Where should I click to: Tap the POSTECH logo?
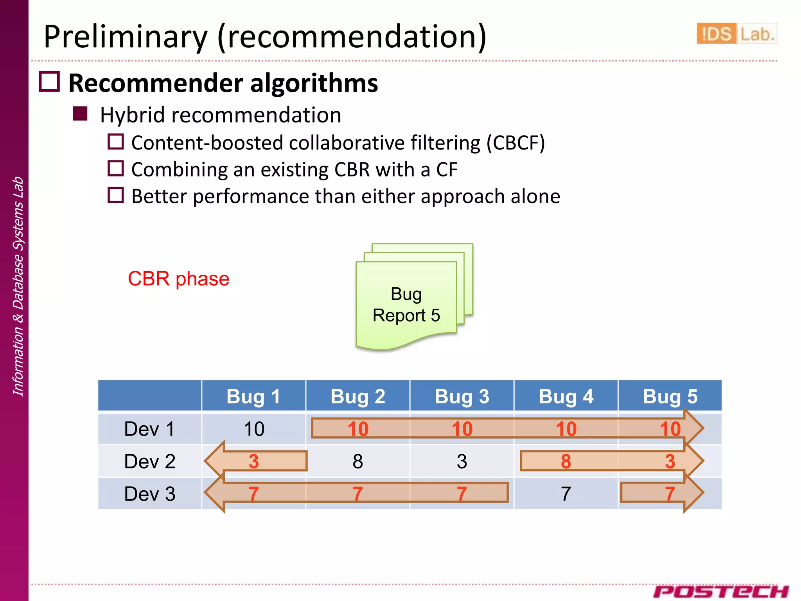tap(720, 591)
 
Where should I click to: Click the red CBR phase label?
tap(178, 279)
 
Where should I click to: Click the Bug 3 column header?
tap(462, 396)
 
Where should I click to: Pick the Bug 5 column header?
tap(670, 396)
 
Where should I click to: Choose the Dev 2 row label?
tap(149, 461)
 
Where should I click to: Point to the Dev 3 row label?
tap(149, 494)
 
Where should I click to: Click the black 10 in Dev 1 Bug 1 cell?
tap(254, 429)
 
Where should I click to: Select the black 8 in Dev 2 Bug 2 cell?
tap(357, 462)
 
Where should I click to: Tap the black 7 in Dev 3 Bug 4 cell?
tap(566, 494)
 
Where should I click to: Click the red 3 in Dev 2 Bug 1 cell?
tap(253, 462)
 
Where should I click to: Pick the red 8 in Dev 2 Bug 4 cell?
tap(566, 462)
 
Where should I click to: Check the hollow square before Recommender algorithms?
tap(50, 82)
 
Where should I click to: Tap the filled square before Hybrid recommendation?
tap(80, 114)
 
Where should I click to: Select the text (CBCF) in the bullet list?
tap(515, 143)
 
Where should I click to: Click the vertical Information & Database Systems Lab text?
tap(18, 286)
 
